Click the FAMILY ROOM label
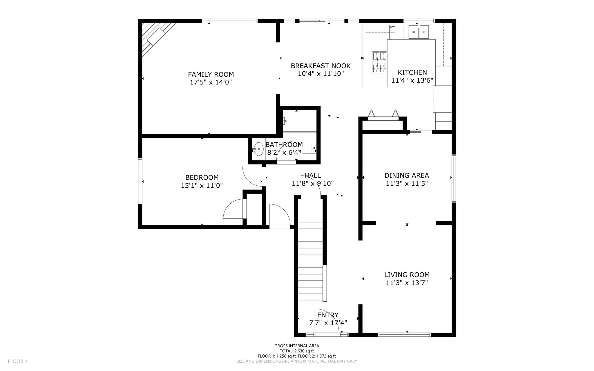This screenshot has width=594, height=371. [x=211, y=74]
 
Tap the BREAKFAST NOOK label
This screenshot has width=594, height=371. [x=321, y=66]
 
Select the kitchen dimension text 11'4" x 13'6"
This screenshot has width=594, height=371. [x=412, y=80]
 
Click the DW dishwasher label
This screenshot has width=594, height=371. [x=392, y=27]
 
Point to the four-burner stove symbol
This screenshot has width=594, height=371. [x=380, y=62]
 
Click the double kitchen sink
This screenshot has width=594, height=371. [x=419, y=32]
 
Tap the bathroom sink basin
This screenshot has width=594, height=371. [x=258, y=149]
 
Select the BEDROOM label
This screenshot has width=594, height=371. [x=202, y=177]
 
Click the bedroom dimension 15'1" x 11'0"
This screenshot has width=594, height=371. [x=202, y=185]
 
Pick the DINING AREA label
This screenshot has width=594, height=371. [x=407, y=175]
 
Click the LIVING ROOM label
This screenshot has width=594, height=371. [x=407, y=275]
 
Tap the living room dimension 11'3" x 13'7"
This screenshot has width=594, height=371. [x=407, y=283]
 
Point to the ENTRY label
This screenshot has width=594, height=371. [x=328, y=315]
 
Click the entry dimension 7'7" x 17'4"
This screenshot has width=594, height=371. [x=328, y=323]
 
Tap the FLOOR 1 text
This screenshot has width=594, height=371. [x=17, y=361]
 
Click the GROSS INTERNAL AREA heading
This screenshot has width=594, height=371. [x=297, y=346]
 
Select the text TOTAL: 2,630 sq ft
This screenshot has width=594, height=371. [x=297, y=351]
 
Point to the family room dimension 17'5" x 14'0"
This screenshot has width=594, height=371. [x=211, y=82]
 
